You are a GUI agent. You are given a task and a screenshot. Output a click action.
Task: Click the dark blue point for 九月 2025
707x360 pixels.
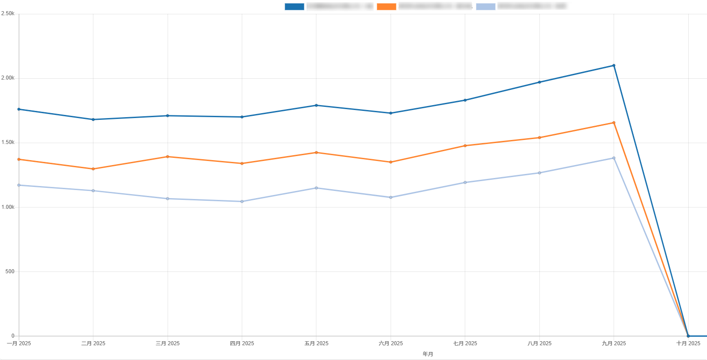614,66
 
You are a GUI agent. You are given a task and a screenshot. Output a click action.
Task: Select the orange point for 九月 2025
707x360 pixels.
614,123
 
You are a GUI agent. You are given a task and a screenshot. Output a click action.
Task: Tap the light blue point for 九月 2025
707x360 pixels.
614,158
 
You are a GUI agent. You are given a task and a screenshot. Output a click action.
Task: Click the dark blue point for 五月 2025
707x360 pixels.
316,106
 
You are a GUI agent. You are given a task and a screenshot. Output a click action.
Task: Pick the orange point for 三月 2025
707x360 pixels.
168,157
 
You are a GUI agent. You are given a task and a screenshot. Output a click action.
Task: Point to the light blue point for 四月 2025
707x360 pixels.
242,202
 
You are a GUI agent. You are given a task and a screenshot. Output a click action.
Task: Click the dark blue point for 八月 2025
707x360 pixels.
539,82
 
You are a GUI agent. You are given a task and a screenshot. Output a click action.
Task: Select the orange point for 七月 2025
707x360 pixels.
465,146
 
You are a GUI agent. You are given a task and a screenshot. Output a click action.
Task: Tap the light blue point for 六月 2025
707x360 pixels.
391,198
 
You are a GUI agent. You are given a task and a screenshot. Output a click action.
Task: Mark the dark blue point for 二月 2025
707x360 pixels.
93,119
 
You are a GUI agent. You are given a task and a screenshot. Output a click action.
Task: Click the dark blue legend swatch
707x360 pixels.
294,7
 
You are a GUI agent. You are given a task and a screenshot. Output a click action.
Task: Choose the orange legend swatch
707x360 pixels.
387,7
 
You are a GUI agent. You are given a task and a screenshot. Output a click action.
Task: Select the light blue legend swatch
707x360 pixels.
485,7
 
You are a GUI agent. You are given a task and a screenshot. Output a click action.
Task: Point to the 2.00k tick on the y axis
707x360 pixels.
8,78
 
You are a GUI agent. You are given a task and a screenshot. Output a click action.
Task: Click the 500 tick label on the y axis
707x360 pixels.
10,271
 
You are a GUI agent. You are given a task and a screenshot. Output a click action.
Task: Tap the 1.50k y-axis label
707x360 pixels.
8,143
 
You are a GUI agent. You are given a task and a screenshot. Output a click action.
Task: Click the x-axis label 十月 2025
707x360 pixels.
688,343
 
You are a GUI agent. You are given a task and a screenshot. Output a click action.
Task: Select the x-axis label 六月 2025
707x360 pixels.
391,343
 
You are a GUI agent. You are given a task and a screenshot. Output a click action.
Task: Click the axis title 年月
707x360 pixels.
428,354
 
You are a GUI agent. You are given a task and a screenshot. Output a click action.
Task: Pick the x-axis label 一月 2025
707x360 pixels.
19,343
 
